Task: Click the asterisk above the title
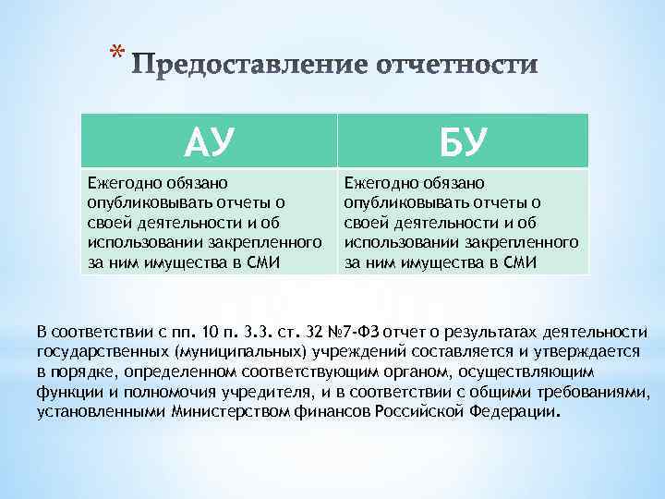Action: pos(114,53)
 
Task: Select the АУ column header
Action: pos(209,141)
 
